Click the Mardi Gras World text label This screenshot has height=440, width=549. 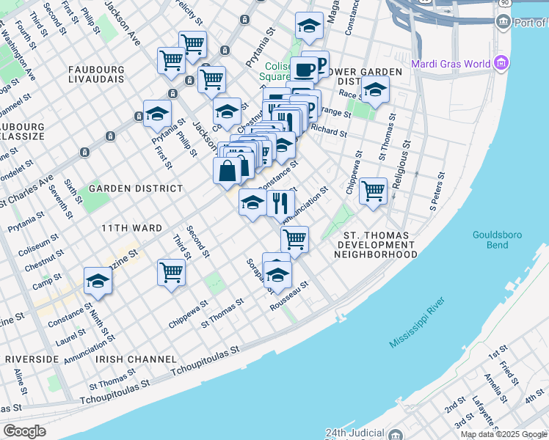point(451,63)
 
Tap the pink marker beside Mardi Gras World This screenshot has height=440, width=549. point(502,63)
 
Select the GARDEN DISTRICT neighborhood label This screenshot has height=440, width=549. point(135,188)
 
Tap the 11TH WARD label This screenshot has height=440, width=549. point(132,228)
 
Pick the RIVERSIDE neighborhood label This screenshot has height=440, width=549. point(32,359)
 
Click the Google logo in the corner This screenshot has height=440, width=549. point(25,431)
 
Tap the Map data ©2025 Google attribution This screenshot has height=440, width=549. point(503,434)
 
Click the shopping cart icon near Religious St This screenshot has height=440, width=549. point(373,191)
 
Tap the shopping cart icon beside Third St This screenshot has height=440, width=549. point(171,272)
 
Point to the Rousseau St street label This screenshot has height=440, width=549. point(290,296)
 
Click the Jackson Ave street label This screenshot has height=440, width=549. point(122,22)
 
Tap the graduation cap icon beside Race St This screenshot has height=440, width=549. point(375,90)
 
